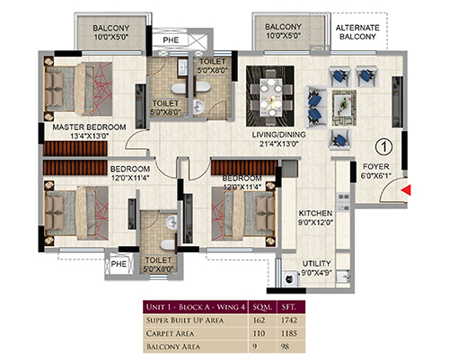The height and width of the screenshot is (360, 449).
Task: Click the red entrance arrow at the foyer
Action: point(406,190)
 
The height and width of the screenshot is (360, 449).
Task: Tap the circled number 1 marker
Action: point(383,147)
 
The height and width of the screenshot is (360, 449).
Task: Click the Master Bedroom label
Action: point(89,131)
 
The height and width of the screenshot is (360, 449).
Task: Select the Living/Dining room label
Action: point(279,139)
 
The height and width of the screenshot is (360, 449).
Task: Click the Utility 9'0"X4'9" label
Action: point(316,268)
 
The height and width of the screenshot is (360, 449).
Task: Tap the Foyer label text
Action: point(376,167)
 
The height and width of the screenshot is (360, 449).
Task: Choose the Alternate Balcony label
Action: point(357,32)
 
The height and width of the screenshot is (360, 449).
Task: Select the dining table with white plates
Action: point(270,97)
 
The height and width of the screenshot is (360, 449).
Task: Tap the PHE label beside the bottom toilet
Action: point(119,264)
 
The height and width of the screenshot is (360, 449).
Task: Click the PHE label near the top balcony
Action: point(171,40)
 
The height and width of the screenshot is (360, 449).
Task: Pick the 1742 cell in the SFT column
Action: point(289,320)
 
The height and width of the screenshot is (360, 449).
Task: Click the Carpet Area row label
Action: point(170,333)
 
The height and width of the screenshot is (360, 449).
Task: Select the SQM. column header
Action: point(262,307)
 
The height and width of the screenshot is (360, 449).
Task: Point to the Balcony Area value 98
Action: point(285,347)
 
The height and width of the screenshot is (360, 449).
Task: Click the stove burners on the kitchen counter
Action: point(344,202)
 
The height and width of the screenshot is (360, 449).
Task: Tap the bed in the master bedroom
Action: point(78,89)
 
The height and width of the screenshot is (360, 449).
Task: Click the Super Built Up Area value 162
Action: point(259,320)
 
